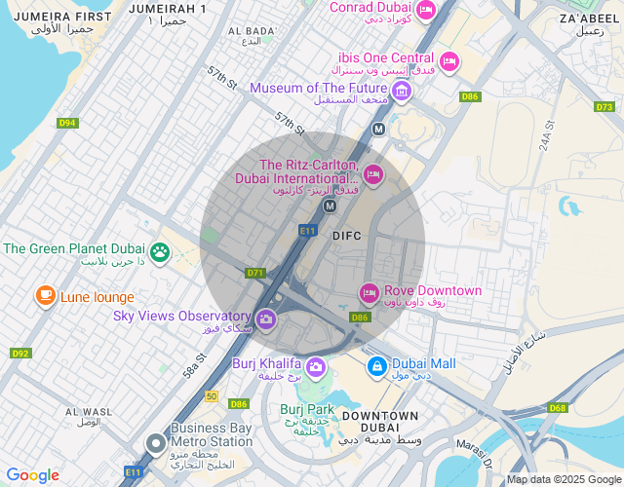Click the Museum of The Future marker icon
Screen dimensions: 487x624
click(402, 91)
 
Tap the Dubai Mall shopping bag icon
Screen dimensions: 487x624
click(375, 366)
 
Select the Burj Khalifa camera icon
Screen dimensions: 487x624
click(315, 366)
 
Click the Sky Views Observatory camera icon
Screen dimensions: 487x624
click(265, 318)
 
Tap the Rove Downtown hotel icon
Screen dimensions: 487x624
click(369, 292)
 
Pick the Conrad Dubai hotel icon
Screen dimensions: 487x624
click(425, 12)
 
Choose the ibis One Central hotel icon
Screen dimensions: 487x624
click(448, 61)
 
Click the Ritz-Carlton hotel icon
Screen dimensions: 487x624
click(372, 174)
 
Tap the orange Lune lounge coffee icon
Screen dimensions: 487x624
click(45, 295)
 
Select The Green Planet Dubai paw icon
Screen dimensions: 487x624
click(160, 253)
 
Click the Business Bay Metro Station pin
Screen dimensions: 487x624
click(155, 444)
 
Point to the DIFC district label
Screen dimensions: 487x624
click(347, 236)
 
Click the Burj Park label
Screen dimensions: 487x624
click(307, 409)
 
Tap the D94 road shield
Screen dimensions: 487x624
click(67, 123)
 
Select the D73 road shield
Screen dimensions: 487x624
click(604, 107)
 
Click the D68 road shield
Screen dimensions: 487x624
click(558, 408)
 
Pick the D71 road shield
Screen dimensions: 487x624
click(256, 273)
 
